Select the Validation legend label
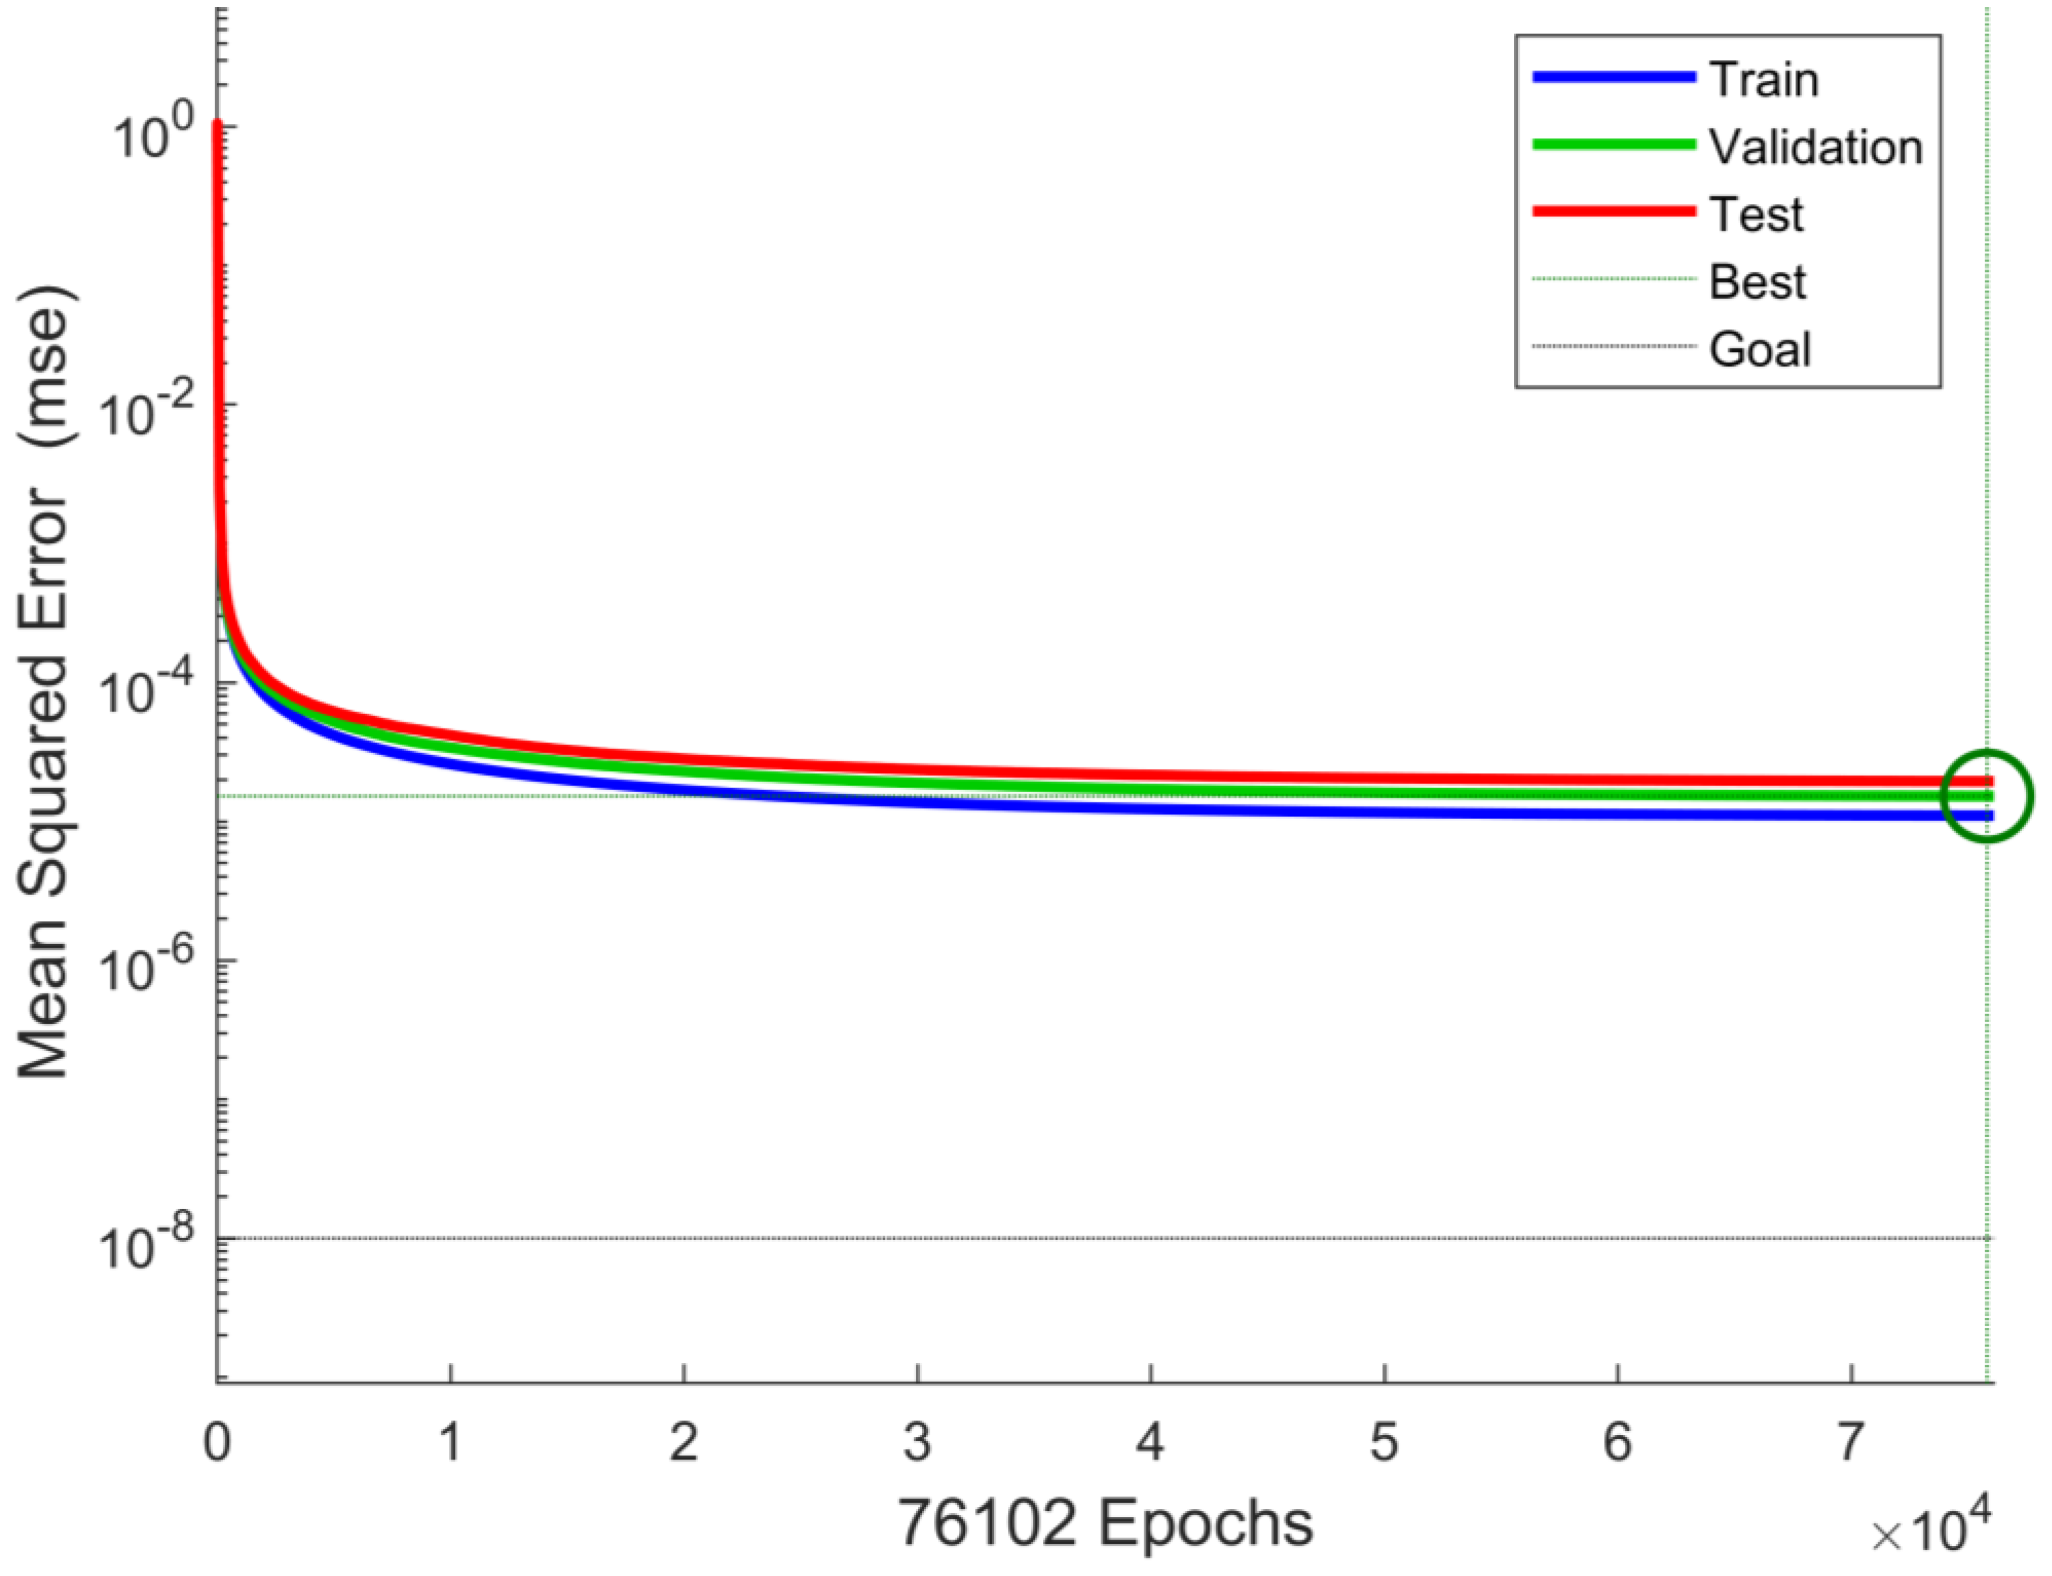[x=1814, y=147]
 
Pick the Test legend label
[x=1755, y=215]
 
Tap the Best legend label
[x=1756, y=282]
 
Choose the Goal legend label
[x=1758, y=350]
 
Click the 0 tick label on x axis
[x=218, y=1442]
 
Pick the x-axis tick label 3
[x=917, y=1442]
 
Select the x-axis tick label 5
[x=1384, y=1442]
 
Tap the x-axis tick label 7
[x=1849, y=1442]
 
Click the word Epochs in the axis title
[x=1206, y=1522]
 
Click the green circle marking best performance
[x=1986, y=796]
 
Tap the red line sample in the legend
[x=1613, y=212]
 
